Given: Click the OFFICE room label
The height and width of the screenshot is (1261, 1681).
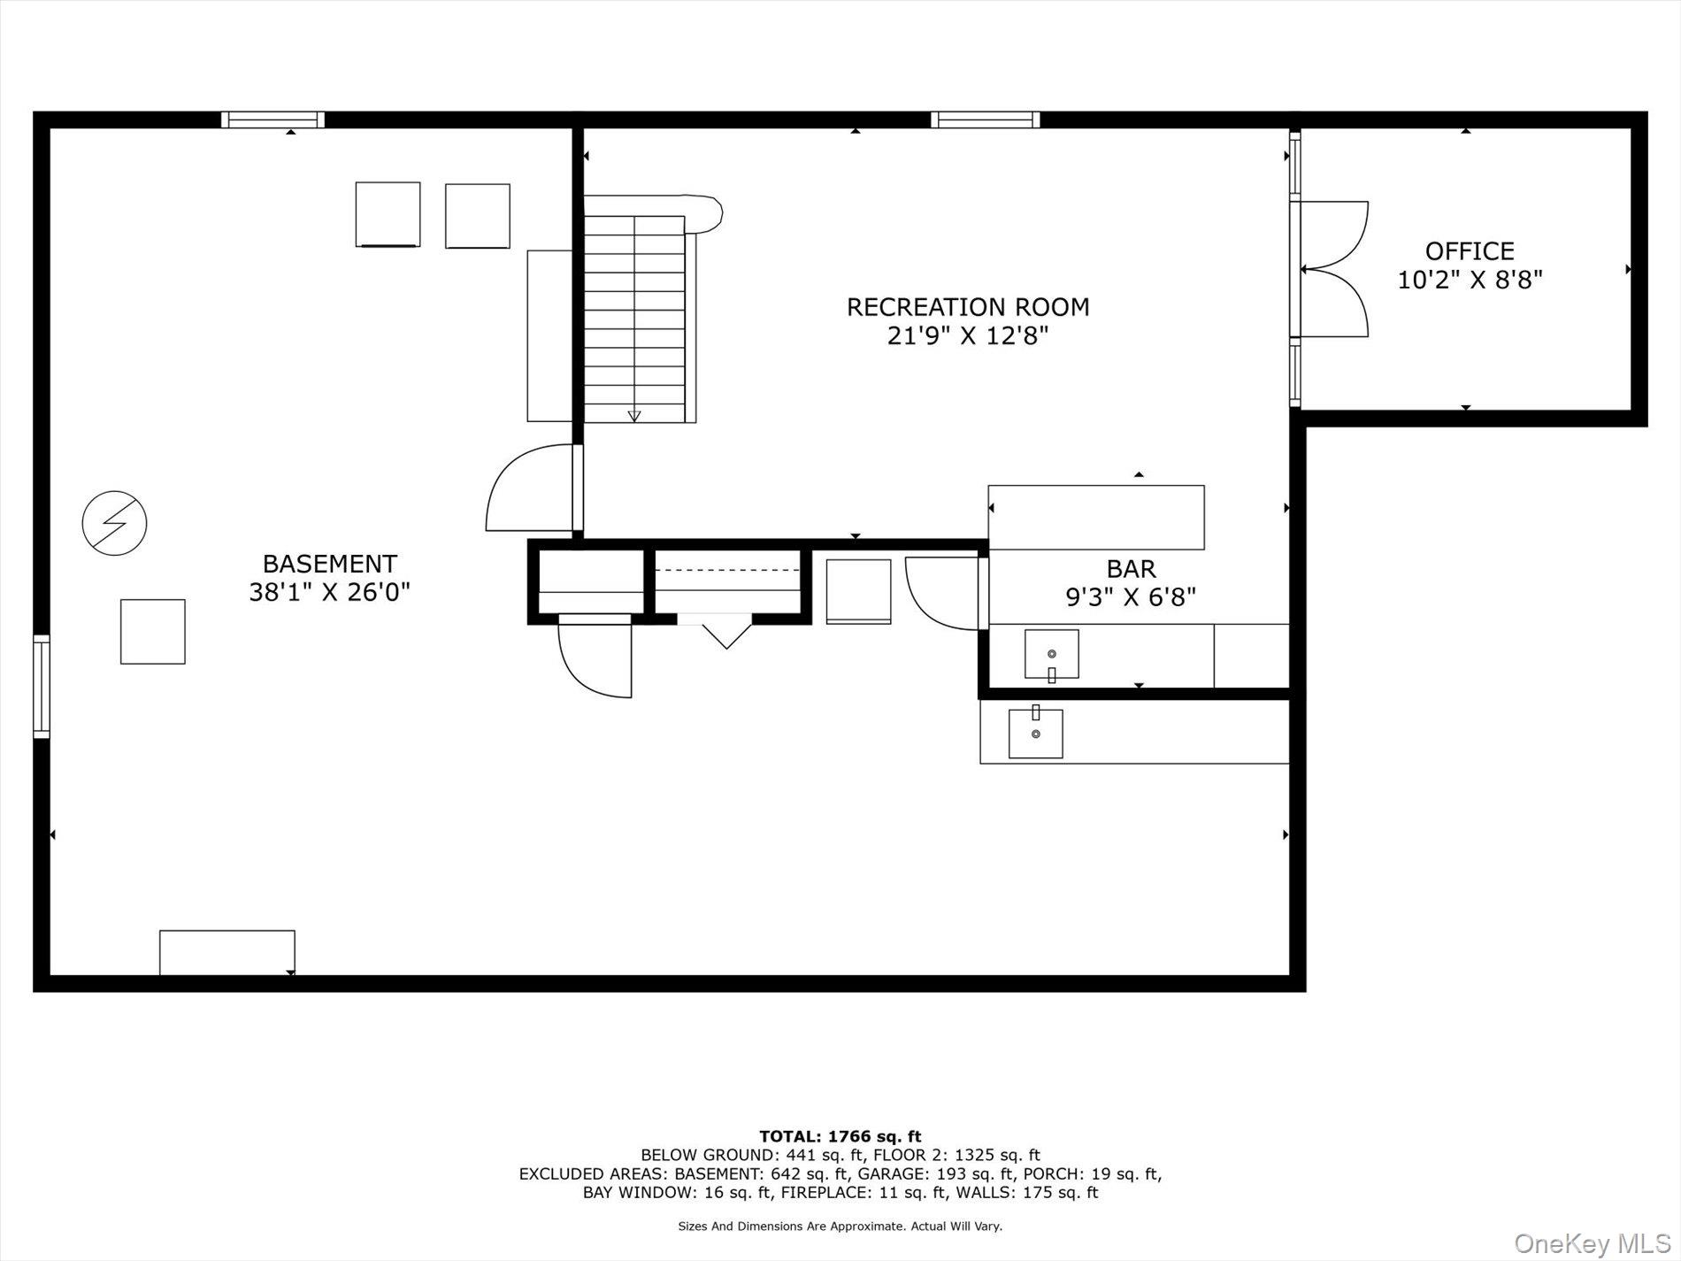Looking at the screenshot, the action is tap(1470, 251).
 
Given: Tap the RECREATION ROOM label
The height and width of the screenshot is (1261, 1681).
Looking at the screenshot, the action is tap(968, 307).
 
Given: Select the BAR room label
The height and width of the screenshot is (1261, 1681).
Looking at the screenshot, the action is tap(1131, 568).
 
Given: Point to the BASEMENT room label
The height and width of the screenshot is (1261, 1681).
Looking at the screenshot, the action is tap(330, 564).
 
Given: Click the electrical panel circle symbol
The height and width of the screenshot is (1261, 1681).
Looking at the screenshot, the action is tap(114, 523).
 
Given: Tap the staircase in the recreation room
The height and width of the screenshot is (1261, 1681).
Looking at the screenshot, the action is tap(634, 319).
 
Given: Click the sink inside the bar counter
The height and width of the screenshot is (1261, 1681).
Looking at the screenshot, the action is tap(1051, 655).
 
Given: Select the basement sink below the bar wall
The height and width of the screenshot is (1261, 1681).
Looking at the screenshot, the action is tap(1036, 733).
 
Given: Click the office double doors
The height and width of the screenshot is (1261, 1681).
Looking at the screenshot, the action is tap(1334, 269).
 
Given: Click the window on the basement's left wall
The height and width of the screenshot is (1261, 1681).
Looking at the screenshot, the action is tap(42, 686).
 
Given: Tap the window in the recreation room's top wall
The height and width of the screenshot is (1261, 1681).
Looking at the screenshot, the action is tap(985, 119).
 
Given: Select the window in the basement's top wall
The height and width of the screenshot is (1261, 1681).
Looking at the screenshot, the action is tap(272, 119).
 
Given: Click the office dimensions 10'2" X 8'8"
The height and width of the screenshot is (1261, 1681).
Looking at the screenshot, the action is tap(1470, 280).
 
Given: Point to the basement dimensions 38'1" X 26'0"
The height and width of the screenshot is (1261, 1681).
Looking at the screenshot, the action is tap(329, 592).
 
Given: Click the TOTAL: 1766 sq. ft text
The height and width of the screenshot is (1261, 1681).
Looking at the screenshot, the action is tap(840, 1136).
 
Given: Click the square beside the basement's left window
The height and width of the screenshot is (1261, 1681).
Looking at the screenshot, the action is tap(152, 632).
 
